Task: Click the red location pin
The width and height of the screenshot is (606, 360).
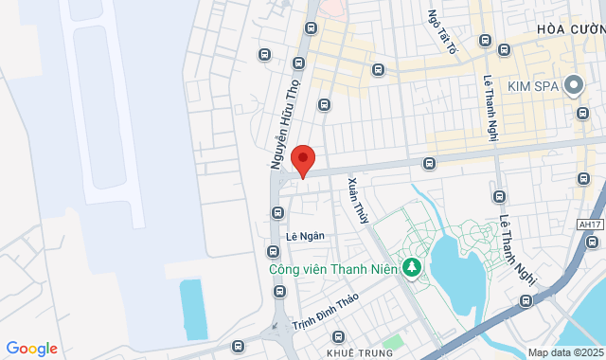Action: coord(302,159)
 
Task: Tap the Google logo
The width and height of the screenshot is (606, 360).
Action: coord(31,349)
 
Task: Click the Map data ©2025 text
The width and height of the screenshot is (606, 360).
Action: coord(564,352)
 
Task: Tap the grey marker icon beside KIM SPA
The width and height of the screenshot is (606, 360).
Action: coord(572,86)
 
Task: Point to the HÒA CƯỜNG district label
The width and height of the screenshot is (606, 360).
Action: coord(570,29)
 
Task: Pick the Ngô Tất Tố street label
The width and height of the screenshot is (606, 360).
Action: coord(442,31)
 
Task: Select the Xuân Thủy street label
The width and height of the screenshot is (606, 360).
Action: coord(357,200)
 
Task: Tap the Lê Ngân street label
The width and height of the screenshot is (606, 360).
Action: coord(305,236)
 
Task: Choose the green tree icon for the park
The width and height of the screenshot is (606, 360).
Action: coord(412,268)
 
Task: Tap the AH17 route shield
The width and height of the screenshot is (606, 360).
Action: coord(589,225)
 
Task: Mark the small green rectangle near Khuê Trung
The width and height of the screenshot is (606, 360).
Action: coord(392,340)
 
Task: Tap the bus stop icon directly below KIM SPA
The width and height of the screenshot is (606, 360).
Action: coord(581,114)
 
